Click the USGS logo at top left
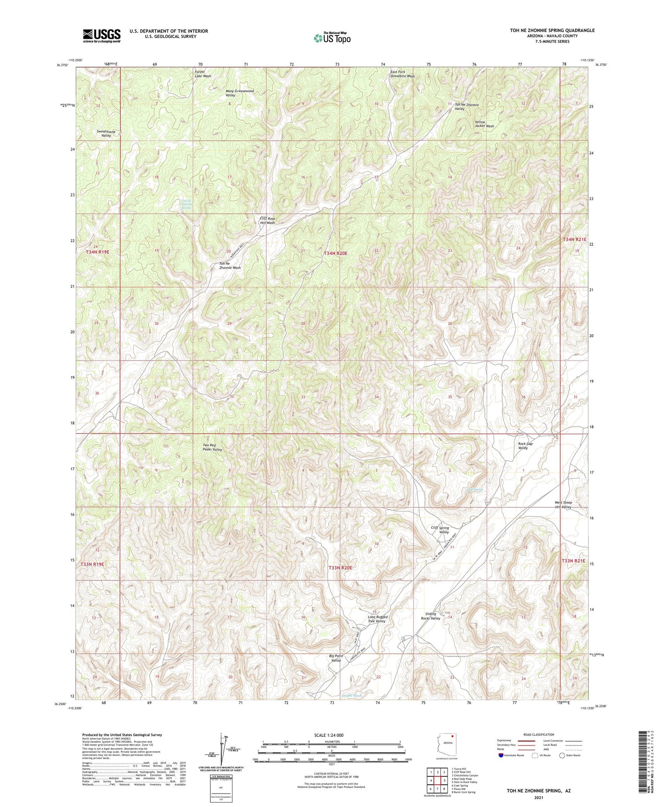pyautogui.click(x=102, y=36)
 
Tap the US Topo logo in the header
pyautogui.click(x=332, y=38)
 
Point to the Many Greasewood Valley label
pyautogui.click(x=240, y=93)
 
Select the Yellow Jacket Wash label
pyautogui.click(x=484, y=124)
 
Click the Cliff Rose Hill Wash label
pyautogui.click(x=267, y=220)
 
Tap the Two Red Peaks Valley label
pyautogui.click(x=212, y=447)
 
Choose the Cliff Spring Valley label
pyautogui.click(x=440, y=530)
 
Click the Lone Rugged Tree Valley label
pyautogui.click(x=377, y=619)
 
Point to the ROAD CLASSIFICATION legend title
pyautogui.click(x=539, y=734)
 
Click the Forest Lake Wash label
pyautogui.click(x=203, y=73)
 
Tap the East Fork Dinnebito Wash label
pyautogui.click(x=402, y=73)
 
